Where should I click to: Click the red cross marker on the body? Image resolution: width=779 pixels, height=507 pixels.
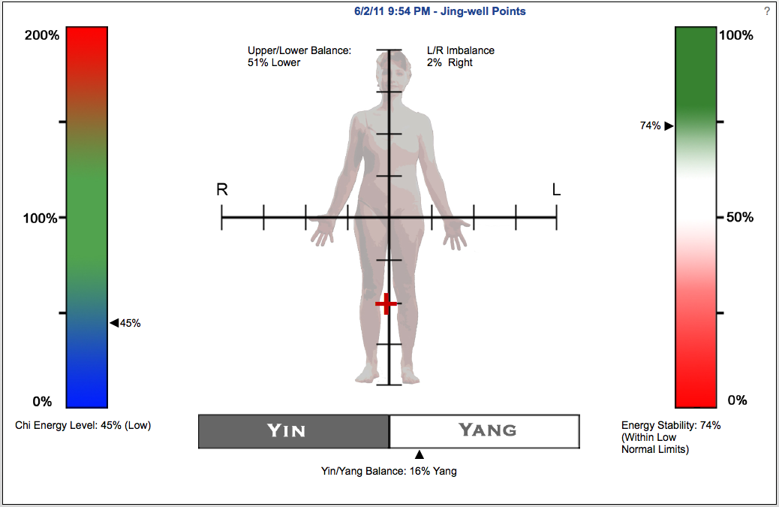386,303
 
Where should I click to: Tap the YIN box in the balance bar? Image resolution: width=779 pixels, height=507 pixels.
293,431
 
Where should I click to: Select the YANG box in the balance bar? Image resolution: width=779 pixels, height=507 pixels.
484,431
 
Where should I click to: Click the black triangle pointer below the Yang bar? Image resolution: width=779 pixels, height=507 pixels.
420,454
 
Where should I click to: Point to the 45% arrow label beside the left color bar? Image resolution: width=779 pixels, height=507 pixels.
125,323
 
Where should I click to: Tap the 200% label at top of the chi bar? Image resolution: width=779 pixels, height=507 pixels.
42,35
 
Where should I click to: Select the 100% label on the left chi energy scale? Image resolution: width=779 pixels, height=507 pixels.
41,219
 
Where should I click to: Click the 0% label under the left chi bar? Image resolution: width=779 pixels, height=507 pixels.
42,402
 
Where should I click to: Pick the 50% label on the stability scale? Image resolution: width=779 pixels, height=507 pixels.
740,217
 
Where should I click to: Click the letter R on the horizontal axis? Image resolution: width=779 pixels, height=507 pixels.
222,190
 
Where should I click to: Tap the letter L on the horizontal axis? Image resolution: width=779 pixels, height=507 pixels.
556,189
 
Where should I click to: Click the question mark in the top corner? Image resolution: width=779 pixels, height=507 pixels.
767,11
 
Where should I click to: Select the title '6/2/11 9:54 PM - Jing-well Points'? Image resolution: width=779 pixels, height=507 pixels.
440,11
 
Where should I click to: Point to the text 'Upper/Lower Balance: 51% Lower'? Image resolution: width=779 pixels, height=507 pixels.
299,56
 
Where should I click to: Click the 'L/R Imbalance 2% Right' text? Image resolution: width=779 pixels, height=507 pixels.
461,56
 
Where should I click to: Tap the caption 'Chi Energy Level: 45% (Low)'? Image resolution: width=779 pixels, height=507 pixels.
83,425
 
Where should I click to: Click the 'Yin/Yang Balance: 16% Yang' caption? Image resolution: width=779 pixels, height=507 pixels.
389,471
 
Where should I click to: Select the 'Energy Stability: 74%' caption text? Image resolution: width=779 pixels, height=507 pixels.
671,425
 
